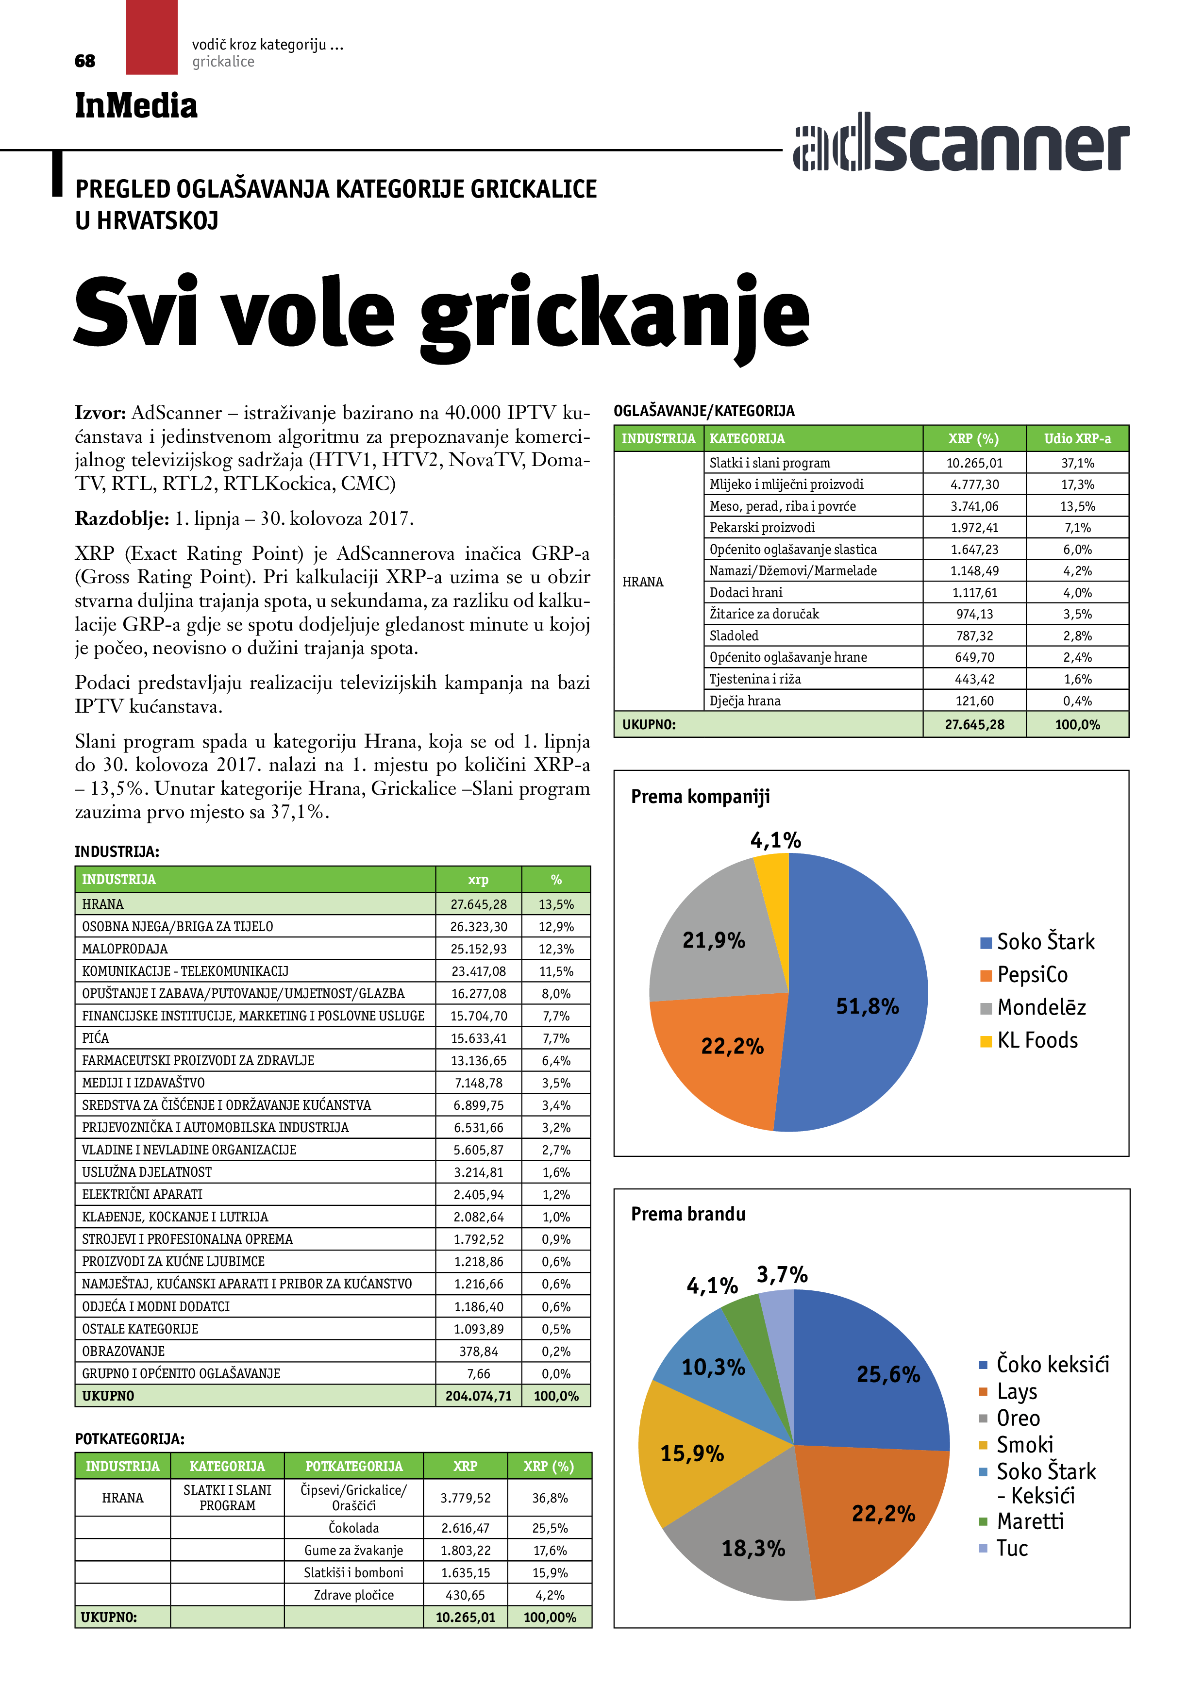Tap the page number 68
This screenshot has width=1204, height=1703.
85,61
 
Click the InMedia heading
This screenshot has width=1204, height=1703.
136,105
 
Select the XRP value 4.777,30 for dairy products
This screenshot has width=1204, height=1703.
974,484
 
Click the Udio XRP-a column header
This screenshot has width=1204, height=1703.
1077,438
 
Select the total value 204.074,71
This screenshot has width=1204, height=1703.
479,1396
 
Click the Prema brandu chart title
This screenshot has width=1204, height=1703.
687,1214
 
